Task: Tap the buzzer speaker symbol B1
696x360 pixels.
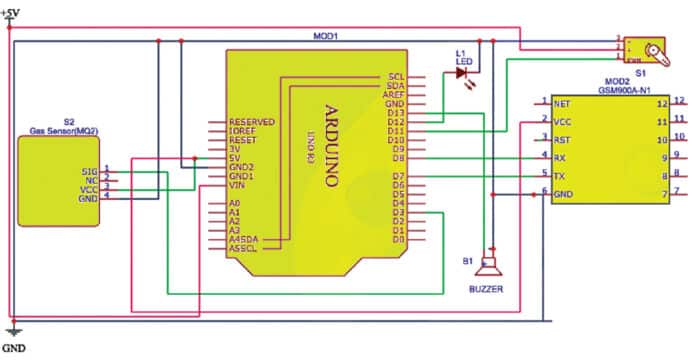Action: (488, 267)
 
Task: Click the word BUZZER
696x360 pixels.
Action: (488, 289)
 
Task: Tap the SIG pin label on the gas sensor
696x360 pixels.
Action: (91, 171)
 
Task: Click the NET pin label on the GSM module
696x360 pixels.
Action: (563, 102)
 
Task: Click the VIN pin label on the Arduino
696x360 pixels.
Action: (238, 185)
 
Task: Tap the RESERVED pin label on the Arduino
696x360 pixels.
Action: (251, 121)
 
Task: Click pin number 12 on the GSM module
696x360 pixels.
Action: (661, 101)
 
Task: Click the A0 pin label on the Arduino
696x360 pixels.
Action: (236, 203)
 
